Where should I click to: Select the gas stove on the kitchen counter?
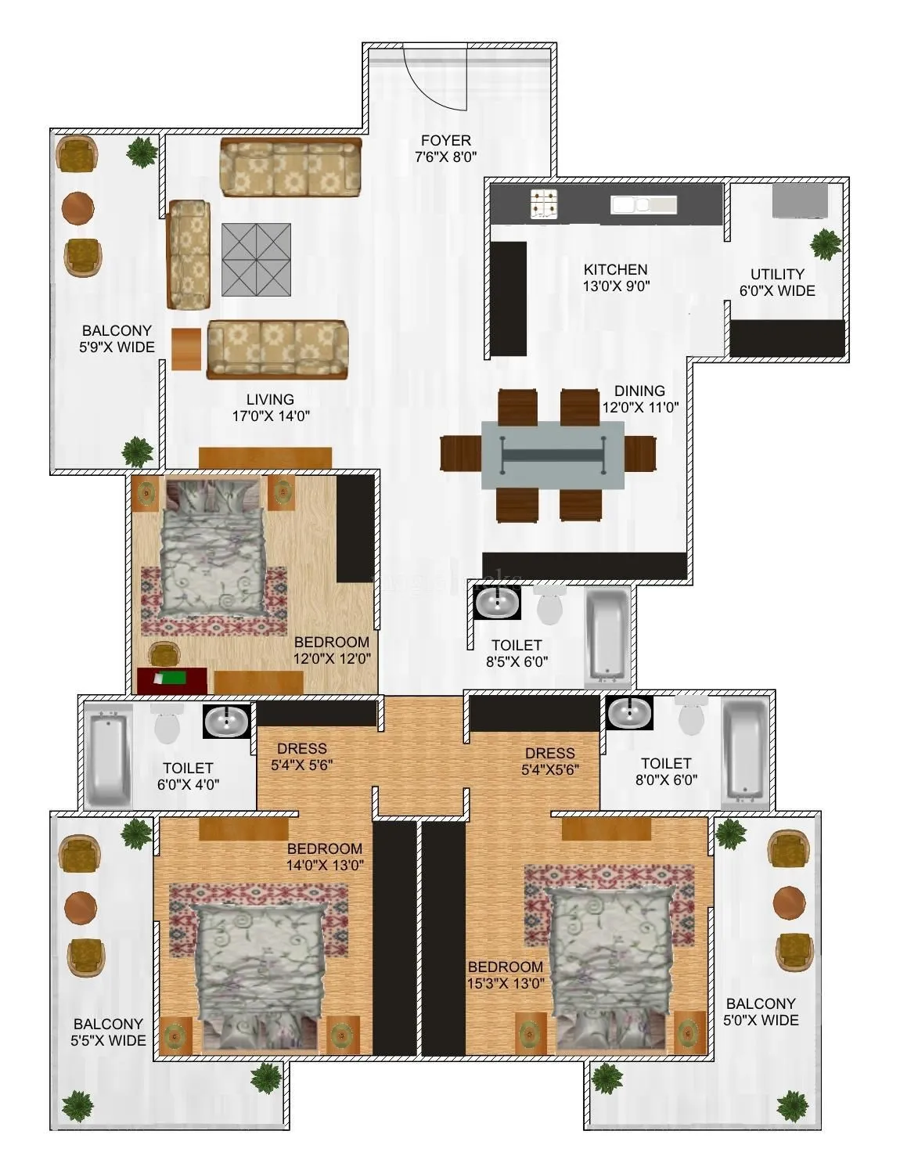click(545, 203)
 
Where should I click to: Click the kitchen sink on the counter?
click(643, 205)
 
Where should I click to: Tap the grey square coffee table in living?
click(256, 260)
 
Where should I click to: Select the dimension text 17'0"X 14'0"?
click(271, 416)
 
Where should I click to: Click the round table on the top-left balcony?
click(77, 207)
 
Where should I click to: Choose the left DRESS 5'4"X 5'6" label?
click(302, 757)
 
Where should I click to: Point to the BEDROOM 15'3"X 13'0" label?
click(506, 975)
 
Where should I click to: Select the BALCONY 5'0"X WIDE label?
click(761, 1012)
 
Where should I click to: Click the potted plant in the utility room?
click(825, 244)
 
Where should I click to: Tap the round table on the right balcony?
click(789, 902)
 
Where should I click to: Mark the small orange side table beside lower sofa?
click(186, 349)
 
